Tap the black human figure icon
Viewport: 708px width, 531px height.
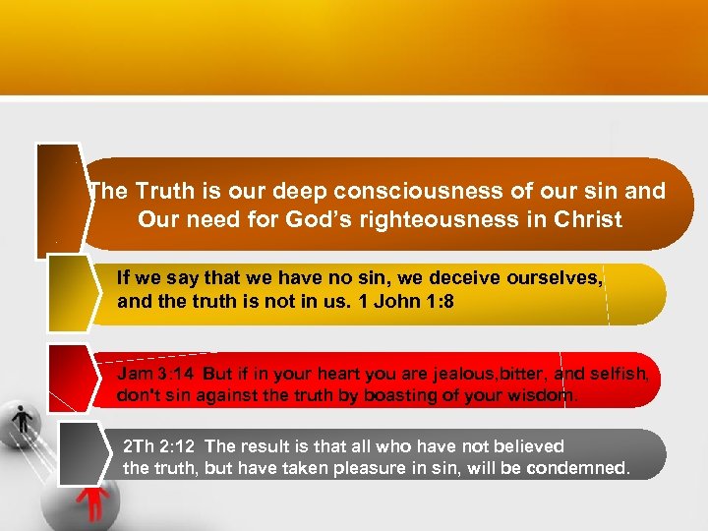click(20, 421)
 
